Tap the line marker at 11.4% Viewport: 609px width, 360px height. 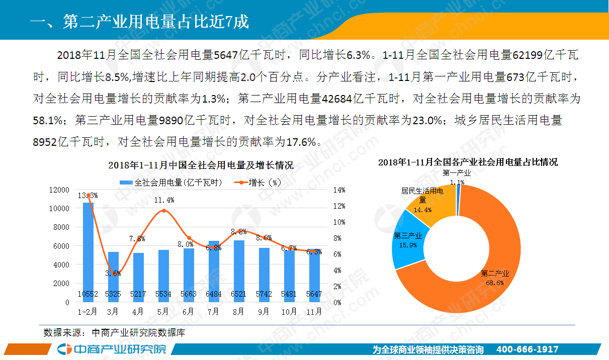(163, 211)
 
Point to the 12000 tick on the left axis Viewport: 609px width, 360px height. (59, 190)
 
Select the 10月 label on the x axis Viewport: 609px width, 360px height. (289, 312)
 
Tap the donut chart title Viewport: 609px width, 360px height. (468, 162)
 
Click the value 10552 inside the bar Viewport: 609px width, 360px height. (88, 294)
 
